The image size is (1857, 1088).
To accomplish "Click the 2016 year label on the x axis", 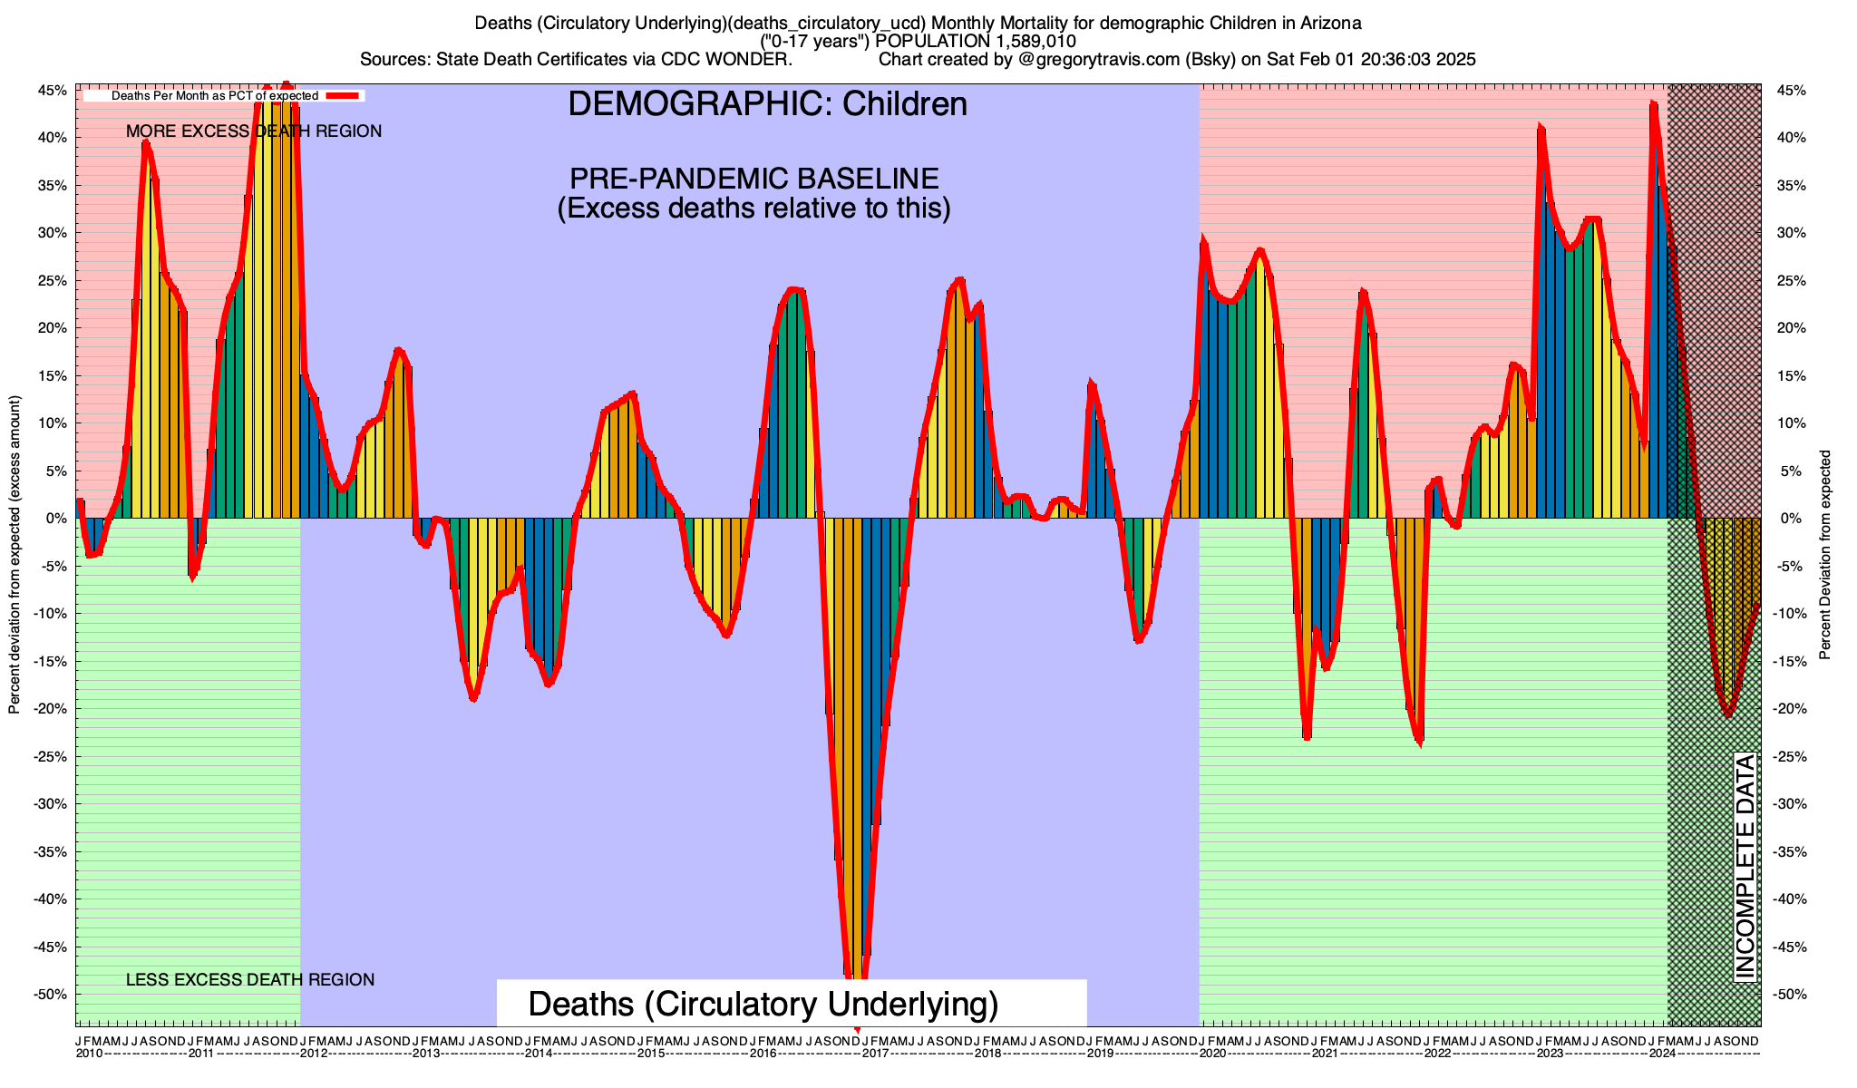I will (763, 1054).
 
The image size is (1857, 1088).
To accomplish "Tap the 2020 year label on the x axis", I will (1212, 1054).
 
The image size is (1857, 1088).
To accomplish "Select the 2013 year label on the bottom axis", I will (426, 1054).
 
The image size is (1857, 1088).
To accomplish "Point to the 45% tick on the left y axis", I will (52, 91).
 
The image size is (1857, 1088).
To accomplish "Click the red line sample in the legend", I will (344, 95).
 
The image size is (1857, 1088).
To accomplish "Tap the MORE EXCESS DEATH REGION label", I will (254, 131).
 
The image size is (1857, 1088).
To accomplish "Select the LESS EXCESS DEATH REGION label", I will (250, 980).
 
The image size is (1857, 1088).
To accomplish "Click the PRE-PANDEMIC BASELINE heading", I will (753, 178).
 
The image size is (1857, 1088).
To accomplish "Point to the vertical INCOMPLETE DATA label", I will (1745, 866).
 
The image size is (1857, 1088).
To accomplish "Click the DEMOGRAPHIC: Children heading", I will (767, 104).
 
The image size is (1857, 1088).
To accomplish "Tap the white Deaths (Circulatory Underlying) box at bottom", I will (791, 1004).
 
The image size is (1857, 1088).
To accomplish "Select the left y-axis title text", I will (15, 555).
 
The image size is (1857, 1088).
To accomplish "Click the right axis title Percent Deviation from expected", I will (1825, 555).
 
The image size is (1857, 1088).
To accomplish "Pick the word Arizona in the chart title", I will (1330, 22).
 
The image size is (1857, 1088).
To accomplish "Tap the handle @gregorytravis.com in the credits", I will (1115, 60).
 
